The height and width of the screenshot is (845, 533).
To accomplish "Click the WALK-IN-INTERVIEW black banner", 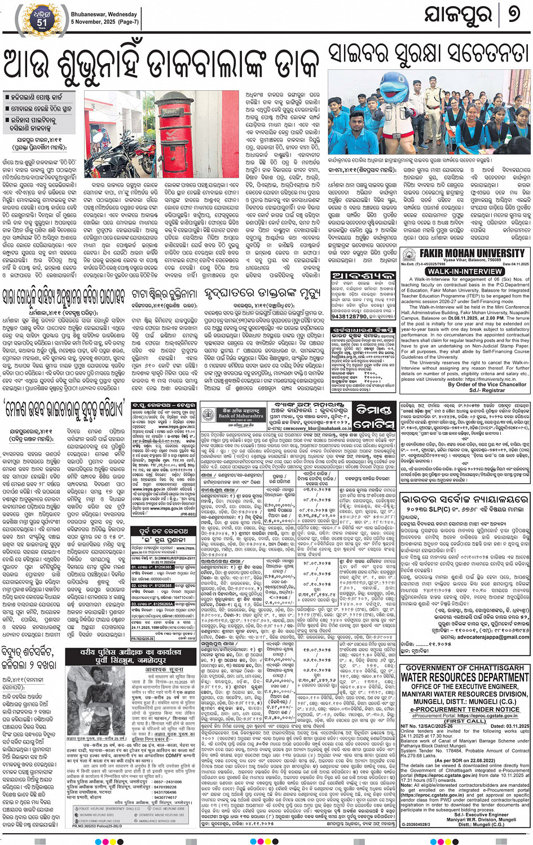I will click(x=465, y=271).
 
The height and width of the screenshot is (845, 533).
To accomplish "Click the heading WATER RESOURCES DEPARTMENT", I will click(x=465, y=677).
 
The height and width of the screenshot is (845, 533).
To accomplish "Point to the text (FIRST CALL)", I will click(x=465, y=721).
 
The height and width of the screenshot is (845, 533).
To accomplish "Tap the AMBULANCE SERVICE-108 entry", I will click(x=163, y=821).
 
